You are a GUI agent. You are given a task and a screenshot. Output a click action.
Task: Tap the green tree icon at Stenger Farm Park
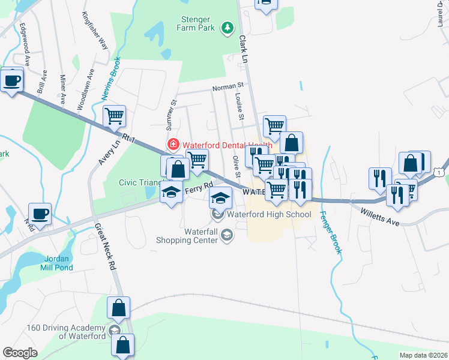(x=227, y=27)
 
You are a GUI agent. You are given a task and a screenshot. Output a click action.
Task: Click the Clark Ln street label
(x=243, y=49)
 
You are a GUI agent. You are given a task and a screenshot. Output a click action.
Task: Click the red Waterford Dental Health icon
(x=173, y=145)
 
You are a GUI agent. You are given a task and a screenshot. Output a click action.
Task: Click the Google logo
(x=20, y=353)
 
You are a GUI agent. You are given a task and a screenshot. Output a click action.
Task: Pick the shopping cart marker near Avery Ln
(x=114, y=116)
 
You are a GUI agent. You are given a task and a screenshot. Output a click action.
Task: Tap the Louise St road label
(x=238, y=106)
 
